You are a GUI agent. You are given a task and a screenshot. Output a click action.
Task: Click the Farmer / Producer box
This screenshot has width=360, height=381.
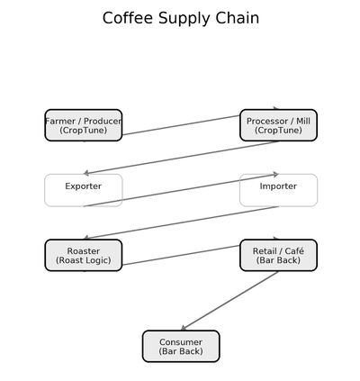(84, 125)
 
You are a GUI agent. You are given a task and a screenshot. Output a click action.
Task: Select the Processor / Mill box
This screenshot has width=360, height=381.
(278, 125)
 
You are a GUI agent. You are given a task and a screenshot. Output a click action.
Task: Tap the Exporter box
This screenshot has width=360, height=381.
(84, 190)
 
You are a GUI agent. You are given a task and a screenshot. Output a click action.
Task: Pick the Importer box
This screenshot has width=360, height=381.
(278, 190)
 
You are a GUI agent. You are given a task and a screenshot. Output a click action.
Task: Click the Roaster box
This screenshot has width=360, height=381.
(84, 255)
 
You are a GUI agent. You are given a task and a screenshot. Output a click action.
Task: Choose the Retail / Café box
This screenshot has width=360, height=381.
(278, 255)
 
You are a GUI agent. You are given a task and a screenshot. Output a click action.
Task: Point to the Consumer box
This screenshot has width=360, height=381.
(181, 346)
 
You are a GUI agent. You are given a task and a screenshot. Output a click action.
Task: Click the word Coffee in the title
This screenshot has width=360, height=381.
(128, 18)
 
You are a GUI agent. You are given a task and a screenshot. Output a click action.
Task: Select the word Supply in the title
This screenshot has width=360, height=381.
(184, 19)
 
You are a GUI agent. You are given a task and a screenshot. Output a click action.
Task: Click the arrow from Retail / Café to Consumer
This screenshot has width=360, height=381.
(229, 301)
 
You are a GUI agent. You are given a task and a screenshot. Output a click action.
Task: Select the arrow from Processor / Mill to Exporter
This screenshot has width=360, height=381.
(181, 158)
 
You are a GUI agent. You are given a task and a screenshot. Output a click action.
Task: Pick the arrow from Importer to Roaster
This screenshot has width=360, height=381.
(181, 222)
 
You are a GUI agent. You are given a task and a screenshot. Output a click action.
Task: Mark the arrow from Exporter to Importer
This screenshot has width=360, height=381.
(181, 190)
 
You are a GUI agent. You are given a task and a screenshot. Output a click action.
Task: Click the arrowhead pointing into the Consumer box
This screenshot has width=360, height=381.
(184, 328)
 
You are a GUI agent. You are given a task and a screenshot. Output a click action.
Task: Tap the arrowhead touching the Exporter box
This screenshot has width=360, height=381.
(86, 173)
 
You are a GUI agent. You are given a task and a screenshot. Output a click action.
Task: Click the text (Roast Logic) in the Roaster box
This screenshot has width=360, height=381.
(84, 260)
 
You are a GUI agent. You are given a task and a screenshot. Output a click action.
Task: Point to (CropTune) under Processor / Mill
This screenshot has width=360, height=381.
(278, 131)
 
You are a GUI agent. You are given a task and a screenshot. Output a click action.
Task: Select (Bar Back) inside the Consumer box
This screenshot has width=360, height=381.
(181, 351)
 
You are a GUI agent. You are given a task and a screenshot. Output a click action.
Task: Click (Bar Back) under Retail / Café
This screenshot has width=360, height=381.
(278, 260)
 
